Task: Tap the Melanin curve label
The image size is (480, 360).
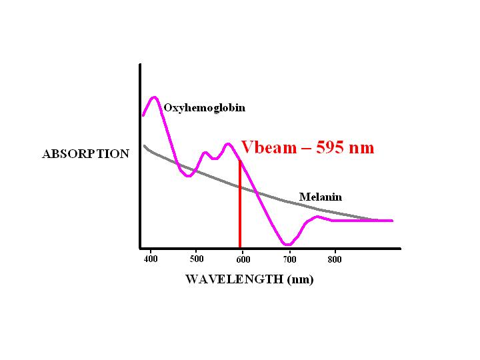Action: tap(320, 197)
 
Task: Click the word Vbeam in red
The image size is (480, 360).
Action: tap(267, 147)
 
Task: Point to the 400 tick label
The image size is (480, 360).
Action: tap(151, 258)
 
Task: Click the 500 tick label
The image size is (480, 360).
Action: tap(197, 258)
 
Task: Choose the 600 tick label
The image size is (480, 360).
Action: tap(243, 258)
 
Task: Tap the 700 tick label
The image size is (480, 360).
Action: tap(289, 258)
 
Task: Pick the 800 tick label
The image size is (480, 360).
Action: tap(335, 258)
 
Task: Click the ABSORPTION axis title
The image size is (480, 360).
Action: tap(85, 154)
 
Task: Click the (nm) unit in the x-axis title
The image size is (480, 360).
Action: tap(299, 279)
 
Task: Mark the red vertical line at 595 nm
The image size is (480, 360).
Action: tap(240, 207)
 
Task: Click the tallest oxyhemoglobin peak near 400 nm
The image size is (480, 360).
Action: tap(155, 97)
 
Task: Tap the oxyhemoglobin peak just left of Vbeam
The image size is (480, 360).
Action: tap(228, 143)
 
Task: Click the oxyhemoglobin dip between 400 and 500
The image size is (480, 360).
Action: tap(189, 176)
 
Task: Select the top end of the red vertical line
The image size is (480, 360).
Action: tap(240, 161)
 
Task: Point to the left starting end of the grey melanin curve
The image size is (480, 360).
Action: tap(145, 146)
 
